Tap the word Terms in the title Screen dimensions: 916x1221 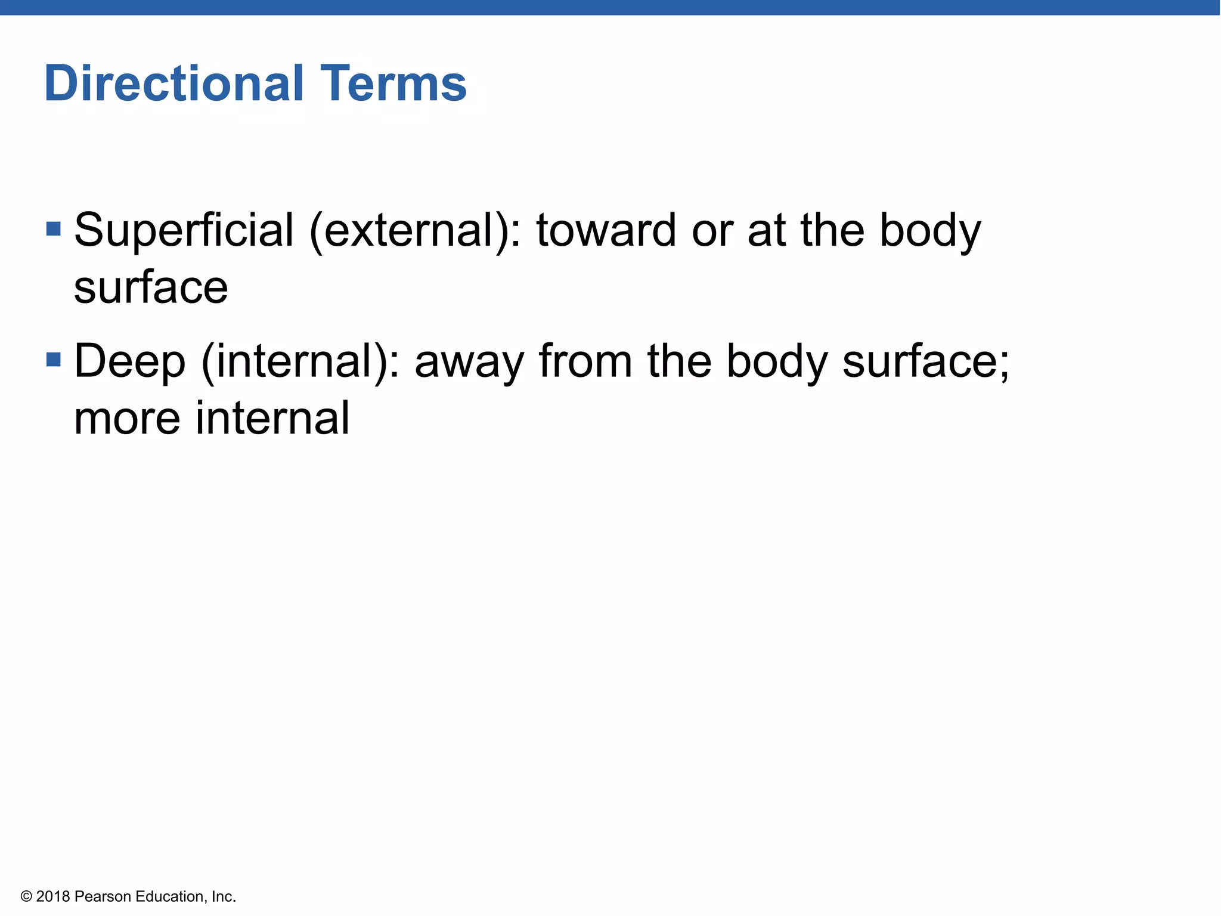pos(393,83)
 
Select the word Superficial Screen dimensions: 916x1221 pos(184,230)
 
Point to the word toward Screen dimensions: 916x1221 pos(606,230)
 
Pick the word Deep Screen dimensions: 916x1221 pos(129,361)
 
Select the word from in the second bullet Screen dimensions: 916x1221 pos(585,361)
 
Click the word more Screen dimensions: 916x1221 pos(127,419)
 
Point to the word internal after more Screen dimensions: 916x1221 pos(272,419)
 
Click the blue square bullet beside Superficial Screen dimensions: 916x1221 pos(54,228)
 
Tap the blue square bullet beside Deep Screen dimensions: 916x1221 pos(54,360)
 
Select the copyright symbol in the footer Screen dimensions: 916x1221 pos(26,896)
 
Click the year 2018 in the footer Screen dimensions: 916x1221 pos(53,896)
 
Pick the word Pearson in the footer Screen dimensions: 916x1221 pos(103,896)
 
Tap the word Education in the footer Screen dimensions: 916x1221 pos(169,896)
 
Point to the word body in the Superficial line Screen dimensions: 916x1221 pos(930,230)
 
